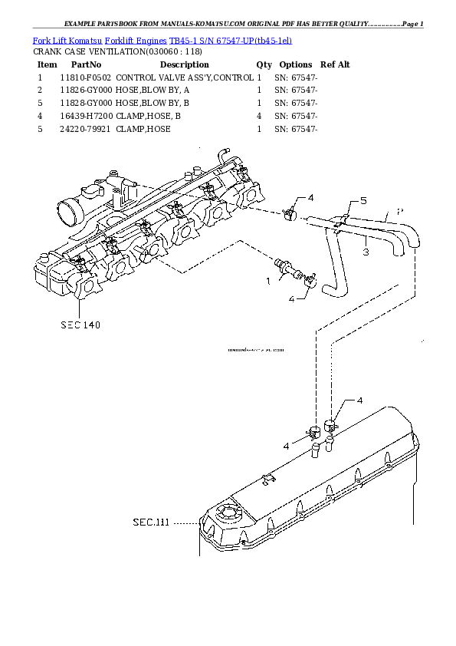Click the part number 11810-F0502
tap(85, 77)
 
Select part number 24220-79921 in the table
tap(85, 130)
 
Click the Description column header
tap(184, 64)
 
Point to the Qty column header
tap(264, 64)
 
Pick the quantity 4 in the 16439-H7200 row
tap(259, 117)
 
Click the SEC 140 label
tap(80, 325)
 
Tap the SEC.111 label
tap(150, 522)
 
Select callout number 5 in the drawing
tap(363, 201)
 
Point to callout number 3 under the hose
tap(366, 251)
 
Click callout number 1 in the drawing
tap(268, 282)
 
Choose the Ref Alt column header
tap(335, 64)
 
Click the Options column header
tap(296, 64)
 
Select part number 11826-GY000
tap(85, 91)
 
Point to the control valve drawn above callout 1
tap(291, 266)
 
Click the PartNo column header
tap(86, 64)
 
